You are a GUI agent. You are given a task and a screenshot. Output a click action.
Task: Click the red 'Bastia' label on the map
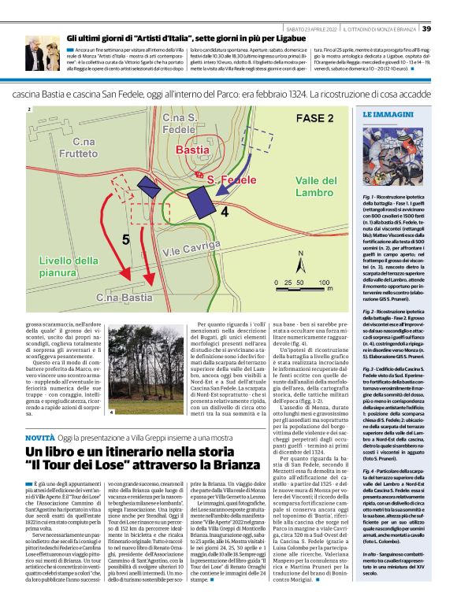(193, 149)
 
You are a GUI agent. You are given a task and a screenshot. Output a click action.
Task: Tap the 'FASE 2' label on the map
(314, 118)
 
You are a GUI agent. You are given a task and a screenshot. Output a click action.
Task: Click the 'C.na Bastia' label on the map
(124, 298)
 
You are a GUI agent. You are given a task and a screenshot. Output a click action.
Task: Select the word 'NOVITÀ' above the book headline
(40, 435)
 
